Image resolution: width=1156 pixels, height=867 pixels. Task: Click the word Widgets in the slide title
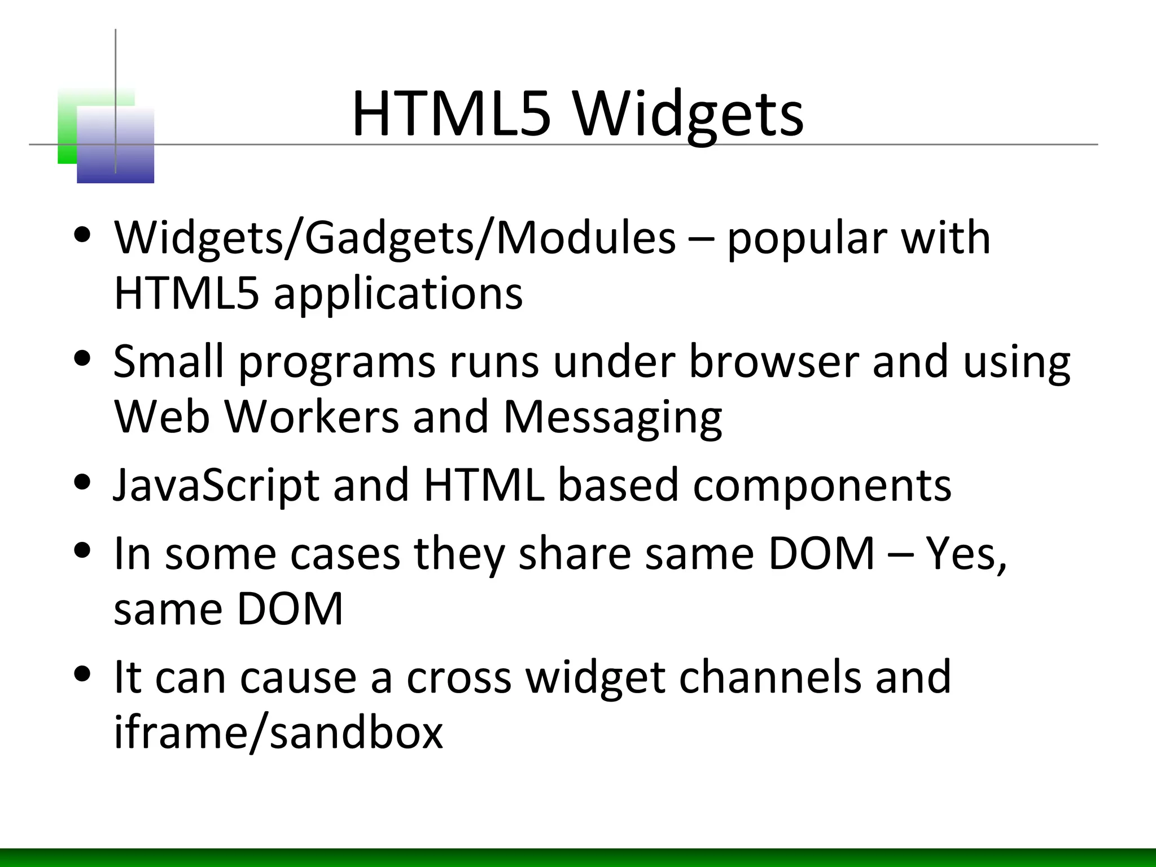pyautogui.click(x=689, y=116)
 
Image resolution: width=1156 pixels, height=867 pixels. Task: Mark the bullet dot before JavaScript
pyautogui.click(x=83, y=483)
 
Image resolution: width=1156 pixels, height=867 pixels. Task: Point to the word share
pyautogui.click(x=575, y=554)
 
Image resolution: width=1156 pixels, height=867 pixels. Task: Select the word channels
pyautogui.click(x=770, y=677)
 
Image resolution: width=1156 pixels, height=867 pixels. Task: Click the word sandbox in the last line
pyautogui.click(x=356, y=733)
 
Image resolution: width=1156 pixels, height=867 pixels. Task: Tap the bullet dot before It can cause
pyautogui.click(x=83, y=674)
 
